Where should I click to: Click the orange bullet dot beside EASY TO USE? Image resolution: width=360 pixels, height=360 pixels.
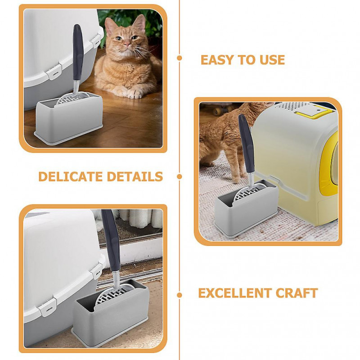point(180,58)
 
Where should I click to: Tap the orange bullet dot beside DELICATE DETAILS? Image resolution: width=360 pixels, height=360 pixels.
point(180,176)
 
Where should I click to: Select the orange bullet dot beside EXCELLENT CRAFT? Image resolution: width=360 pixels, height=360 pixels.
point(180,295)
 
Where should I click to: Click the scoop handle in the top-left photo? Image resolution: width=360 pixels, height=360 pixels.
point(77,49)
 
